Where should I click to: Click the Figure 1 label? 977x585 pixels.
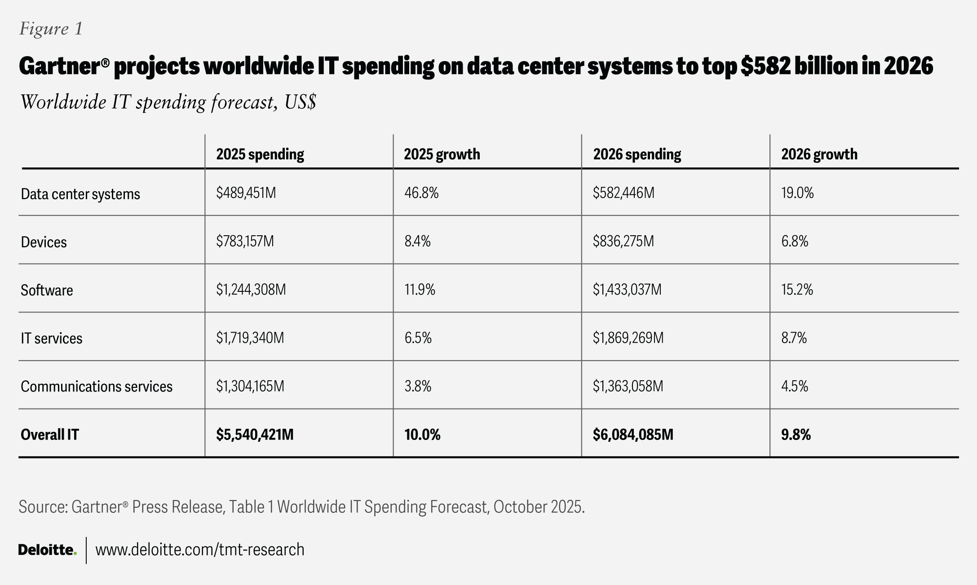coord(51,29)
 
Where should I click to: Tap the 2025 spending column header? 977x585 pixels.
coord(260,154)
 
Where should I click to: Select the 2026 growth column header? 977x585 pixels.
coord(819,154)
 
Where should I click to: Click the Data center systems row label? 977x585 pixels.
coord(80,194)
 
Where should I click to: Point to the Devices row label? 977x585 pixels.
coord(44,242)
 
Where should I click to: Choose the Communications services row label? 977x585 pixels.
coord(97,386)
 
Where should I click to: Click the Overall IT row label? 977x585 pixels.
coord(50,435)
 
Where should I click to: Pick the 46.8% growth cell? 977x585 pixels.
coord(421,193)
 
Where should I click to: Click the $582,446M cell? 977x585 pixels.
coord(623,193)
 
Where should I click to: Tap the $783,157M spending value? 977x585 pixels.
coord(245,242)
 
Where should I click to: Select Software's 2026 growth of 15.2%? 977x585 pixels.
coord(797,290)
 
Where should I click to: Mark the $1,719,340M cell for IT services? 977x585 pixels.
coord(250,338)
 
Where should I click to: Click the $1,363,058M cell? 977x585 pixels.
coord(628,386)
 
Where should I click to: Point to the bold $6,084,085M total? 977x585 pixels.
coord(633,435)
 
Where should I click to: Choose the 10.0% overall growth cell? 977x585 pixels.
coord(422,435)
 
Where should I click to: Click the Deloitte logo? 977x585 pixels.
coord(47,550)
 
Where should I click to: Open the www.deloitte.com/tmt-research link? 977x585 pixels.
coord(200,550)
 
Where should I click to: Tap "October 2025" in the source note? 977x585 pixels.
coord(539,506)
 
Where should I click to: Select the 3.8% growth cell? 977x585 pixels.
coord(418,386)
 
